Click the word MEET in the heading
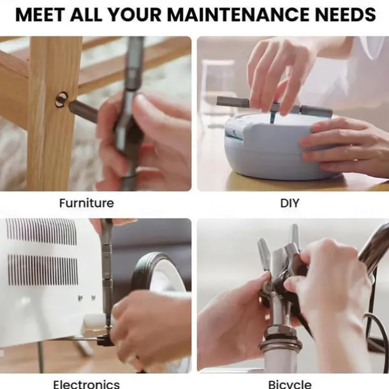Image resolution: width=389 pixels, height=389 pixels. (x=40, y=15)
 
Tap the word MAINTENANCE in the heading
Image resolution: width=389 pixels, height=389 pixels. (x=237, y=15)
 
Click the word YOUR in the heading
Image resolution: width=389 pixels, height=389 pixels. (x=135, y=15)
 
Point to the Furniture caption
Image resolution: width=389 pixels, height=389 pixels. (x=87, y=203)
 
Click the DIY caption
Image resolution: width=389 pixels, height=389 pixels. (x=290, y=203)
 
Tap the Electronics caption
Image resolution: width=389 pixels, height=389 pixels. (x=87, y=385)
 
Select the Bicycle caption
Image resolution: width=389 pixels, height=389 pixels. (x=290, y=385)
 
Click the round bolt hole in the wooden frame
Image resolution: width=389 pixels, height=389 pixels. (x=61, y=99)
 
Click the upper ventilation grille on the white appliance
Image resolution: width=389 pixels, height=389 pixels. (x=41, y=231)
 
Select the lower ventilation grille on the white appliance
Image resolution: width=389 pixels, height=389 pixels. (x=43, y=270)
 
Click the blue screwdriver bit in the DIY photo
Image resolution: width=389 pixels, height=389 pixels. (x=273, y=117)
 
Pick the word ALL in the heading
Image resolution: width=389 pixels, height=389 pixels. (x=86, y=15)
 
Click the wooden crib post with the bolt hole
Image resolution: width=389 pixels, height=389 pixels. (x=51, y=114)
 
